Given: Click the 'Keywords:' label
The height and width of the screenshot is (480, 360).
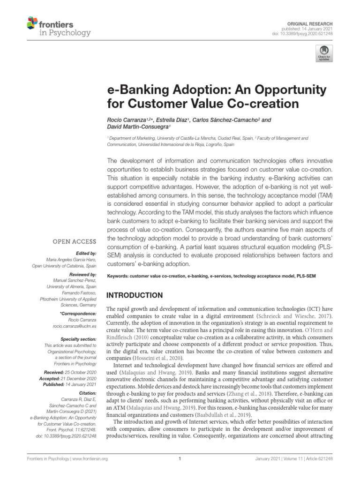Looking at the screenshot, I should (x=119, y=277).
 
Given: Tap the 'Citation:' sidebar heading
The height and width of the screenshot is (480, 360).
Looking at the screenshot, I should (x=88, y=392).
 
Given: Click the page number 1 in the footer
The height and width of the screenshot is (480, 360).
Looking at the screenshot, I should (x=180, y=459).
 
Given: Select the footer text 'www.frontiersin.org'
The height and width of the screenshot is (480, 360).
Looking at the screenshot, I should (x=79, y=459).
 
